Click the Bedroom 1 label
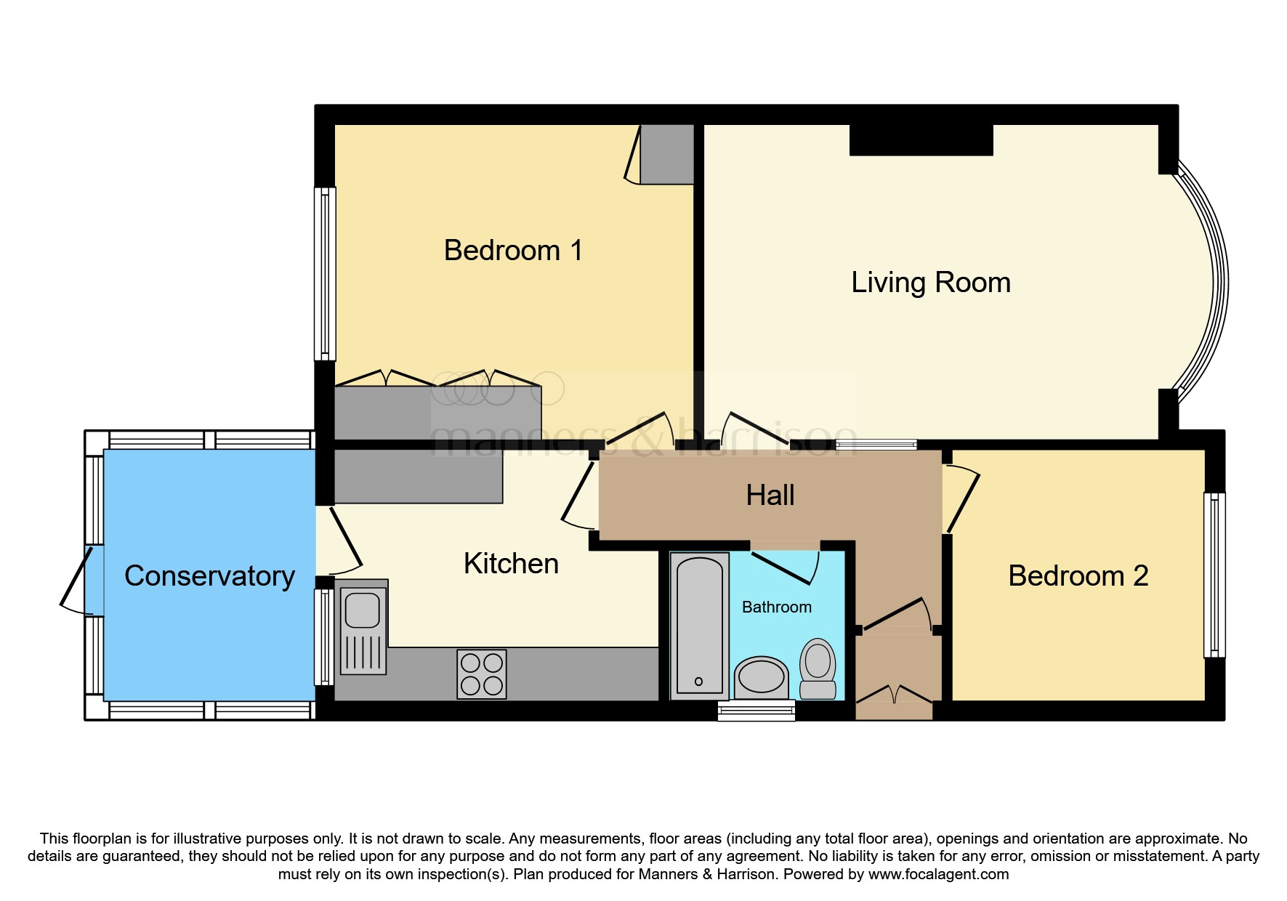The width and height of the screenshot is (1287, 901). tap(513, 251)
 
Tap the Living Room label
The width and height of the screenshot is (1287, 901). tap(930, 283)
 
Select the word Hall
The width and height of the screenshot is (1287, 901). tap(770, 496)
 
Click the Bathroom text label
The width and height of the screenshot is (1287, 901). tap(776, 607)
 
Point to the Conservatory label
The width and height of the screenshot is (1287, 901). tap(209, 576)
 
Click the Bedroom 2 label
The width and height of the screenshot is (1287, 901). tap(1078, 576)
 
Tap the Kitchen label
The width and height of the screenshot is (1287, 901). tap(511, 564)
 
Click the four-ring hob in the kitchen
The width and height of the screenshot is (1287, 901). tap(481, 674)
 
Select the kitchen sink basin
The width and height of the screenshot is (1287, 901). tap(362, 610)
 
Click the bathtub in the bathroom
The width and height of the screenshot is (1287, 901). tap(699, 625)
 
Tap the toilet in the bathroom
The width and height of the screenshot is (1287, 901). tap(818, 667)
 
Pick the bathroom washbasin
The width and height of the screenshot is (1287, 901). tap(761, 677)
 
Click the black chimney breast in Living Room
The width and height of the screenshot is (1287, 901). tap(921, 140)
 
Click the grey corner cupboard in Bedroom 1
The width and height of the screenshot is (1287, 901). tap(666, 154)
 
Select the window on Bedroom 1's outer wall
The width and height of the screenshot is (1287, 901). tap(325, 274)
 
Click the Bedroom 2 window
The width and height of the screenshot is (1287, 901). tap(1214, 575)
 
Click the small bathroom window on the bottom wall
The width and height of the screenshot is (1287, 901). tap(756, 711)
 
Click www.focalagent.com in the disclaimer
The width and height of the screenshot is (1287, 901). tap(938, 874)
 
